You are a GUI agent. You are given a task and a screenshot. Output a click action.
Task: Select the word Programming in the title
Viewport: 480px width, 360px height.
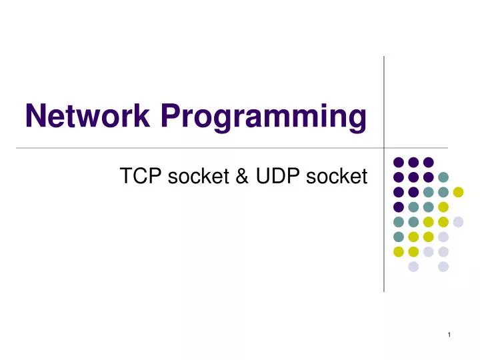[262, 119]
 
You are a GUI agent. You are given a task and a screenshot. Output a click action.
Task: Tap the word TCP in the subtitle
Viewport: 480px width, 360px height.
[137, 177]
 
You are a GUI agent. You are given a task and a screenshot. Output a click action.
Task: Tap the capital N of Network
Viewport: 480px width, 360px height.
[36, 117]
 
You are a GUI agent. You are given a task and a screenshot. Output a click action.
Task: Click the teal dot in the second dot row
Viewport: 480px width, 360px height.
[443, 177]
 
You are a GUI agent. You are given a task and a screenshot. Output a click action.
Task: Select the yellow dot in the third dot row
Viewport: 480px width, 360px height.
[458, 192]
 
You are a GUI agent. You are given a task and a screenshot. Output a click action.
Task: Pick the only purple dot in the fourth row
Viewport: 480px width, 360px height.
[399, 207]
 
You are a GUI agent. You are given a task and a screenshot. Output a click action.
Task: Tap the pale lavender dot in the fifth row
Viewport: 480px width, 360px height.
[458, 222]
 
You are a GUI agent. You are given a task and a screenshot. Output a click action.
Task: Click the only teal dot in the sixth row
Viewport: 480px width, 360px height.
[399, 237]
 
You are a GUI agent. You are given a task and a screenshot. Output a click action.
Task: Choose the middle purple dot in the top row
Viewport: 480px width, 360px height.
[413, 162]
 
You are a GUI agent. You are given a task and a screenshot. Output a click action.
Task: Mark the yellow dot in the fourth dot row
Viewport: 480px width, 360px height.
[443, 207]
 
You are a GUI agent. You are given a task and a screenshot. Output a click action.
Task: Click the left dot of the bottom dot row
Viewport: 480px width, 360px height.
[413, 267]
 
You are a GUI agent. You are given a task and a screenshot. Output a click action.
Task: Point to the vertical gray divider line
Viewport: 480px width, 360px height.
[384, 100]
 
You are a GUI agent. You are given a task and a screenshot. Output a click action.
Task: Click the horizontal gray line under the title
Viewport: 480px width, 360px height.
[200, 147]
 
